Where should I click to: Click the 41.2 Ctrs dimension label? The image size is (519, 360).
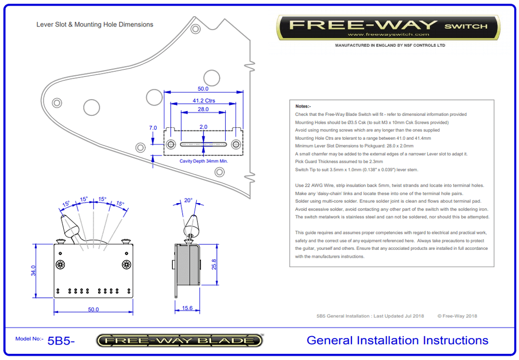pyautogui.click(x=203, y=101)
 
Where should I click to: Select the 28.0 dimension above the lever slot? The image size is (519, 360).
pyautogui.click(x=203, y=110)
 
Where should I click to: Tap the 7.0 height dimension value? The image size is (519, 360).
pyautogui.click(x=153, y=128)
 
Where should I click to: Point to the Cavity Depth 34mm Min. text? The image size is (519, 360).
pyautogui.click(x=204, y=161)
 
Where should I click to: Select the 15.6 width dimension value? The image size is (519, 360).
pyautogui.click(x=187, y=309)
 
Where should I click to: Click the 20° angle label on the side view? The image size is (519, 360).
pyautogui.click(x=188, y=200)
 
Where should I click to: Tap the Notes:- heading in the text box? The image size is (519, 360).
pyautogui.click(x=303, y=106)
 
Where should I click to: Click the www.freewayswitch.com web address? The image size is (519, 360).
pyautogui.click(x=388, y=35)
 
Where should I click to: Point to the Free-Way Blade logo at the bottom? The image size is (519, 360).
pyautogui.click(x=180, y=341)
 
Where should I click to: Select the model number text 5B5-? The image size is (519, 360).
pyautogui.click(x=61, y=341)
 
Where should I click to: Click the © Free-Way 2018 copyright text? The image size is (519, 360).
pyautogui.click(x=457, y=316)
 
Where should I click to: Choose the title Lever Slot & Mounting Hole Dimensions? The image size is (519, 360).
pyautogui.click(x=94, y=24)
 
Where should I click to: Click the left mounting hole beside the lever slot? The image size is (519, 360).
pyautogui.click(x=171, y=144)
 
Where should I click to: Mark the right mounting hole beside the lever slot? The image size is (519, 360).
pyautogui.click(x=236, y=144)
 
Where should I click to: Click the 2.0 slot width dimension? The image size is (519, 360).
pyautogui.click(x=203, y=127)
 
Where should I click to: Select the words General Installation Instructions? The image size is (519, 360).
pyautogui.click(x=397, y=340)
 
